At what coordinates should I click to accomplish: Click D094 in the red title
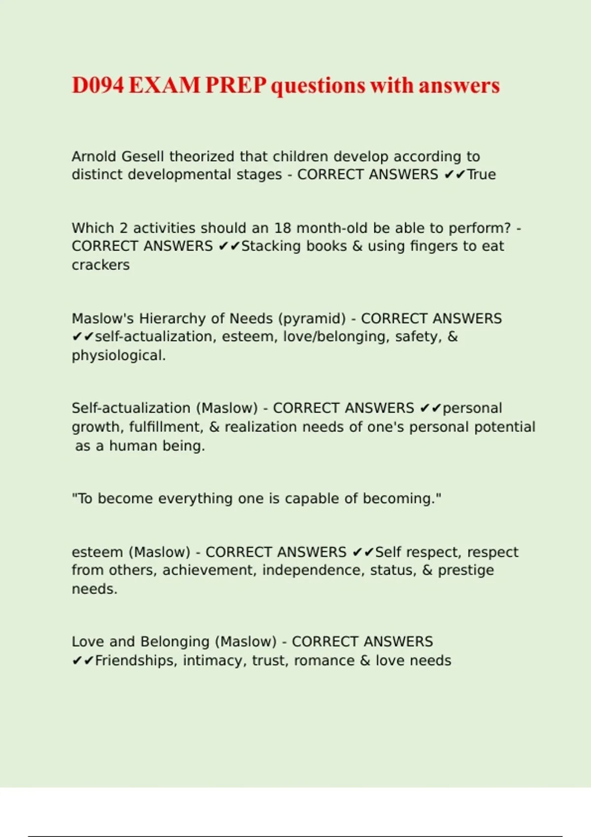(x=98, y=85)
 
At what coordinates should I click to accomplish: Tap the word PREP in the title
(x=235, y=85)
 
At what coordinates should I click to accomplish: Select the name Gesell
(x=142, y=157)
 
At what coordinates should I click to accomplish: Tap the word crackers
(x=100, y=265)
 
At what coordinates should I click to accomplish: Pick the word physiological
(x=118, y=355)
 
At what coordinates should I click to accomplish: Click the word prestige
(x=465, y=570)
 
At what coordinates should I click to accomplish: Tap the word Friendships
(x=135, y=661)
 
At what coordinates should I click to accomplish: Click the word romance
(x=324, y=661)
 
